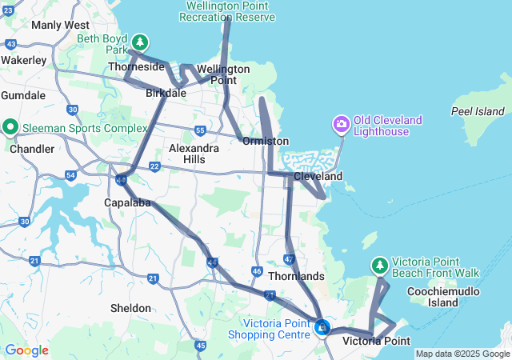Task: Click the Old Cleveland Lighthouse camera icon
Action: tap(342, 124)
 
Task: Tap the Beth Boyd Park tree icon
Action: tap(140, 42)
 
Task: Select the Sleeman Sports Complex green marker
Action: tap(10, 126)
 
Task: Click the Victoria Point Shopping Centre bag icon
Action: tap(322, 326)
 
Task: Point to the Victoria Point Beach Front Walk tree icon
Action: tap(380, 265)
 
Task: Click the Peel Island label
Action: tap(478, 111)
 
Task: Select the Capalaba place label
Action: tap(128, 202)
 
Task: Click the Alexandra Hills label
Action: tap(194, 154)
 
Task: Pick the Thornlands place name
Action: tap(296, 277)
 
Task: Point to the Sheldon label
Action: tap(130, 308)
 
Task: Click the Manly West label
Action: tap(60, 25)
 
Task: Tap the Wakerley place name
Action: tap(23, 60)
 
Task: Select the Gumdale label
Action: tap(23, 94)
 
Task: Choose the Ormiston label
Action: tap(266, 141)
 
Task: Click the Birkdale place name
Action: tap(166, 93)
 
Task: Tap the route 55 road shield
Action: tap(199, 130)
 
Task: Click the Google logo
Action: tap(26, 350)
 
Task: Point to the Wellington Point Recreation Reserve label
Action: tap(228, 11)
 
